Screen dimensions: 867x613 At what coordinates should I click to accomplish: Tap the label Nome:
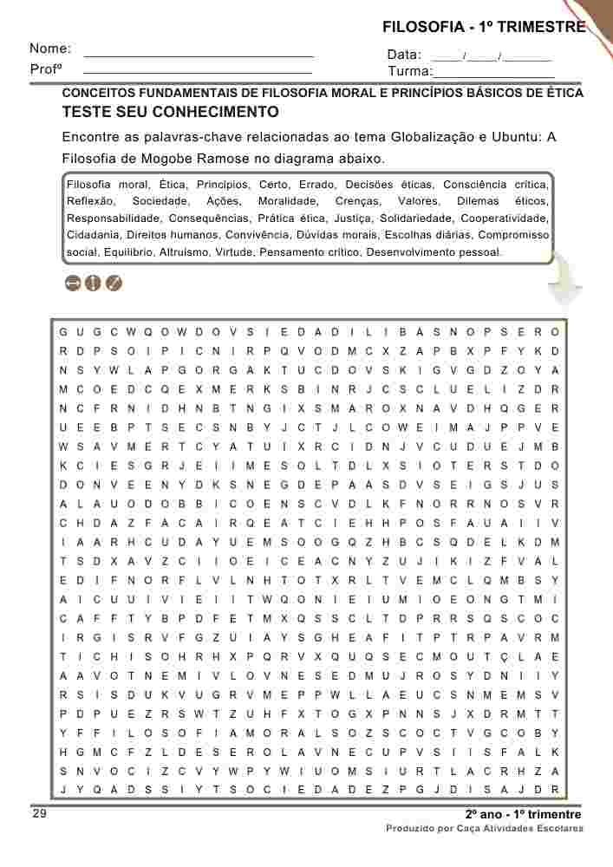point(50,49)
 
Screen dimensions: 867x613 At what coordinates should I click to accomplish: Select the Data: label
point(404,55)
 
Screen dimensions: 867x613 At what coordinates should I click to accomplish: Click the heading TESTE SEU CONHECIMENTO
point(170,112)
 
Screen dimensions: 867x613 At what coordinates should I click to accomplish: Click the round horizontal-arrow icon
point(72,283)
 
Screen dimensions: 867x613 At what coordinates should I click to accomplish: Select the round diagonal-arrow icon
point(114,283)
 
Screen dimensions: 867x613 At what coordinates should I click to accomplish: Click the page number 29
point(40,814)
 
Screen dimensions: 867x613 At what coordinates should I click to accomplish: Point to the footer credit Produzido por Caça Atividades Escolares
point(484,829)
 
